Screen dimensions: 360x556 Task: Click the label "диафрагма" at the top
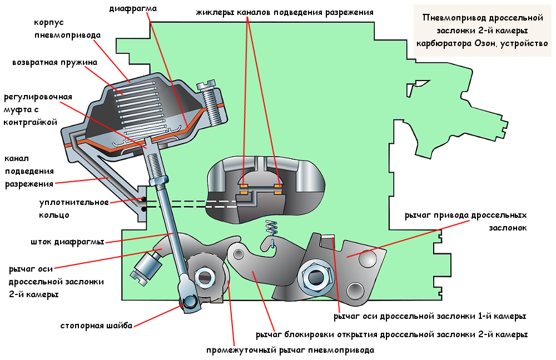pyautogui.click(x=132, y=9)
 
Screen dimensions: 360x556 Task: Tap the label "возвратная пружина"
pyautogui.click(x=54, y=62)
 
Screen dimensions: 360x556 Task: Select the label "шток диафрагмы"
pyautogui.click(x=68, y=242)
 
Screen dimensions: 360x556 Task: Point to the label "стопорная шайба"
pyautogui.click(x=96, y=326)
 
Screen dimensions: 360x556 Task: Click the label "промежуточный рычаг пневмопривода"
pyautogui.click(x=290, y=350)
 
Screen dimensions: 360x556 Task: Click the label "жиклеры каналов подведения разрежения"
pyautogui.click(x=284, y=12)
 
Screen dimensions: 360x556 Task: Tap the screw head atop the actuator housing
pyautogui.click(x=208, y=85)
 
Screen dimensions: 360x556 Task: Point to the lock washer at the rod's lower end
pyautogui.click(x=188, y=301)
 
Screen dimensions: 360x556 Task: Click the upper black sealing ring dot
pyautogui.click(x=143, y=199)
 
